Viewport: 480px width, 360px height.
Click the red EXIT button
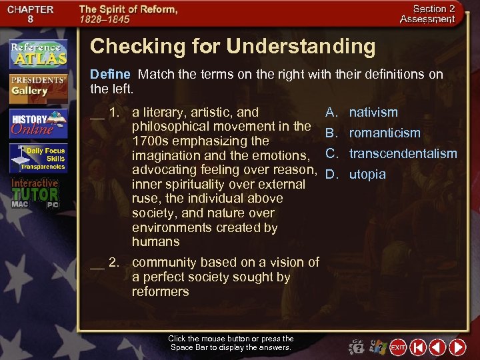tap(398, 347)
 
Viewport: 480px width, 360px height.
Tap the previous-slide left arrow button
tap(437, 347)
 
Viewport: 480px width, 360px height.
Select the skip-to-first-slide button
tap(418, 347)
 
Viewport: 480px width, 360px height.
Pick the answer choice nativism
tap(373, 113)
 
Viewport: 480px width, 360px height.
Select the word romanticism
tap(385, 133)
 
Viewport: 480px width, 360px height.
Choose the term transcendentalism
tap(403, 154)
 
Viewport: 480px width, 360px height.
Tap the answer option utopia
tap(367, 175)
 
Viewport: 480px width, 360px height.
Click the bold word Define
tap(110, 74)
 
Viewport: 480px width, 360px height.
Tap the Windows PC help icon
tap(378, 347)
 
